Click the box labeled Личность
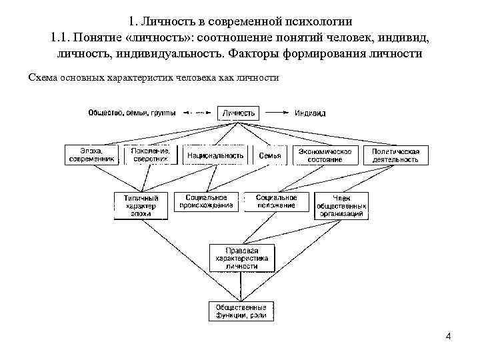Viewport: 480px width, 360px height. (238, 113)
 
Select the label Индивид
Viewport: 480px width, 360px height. (310, 113)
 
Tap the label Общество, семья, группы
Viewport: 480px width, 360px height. (131, 113)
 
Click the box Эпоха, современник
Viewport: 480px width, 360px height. (91, 155)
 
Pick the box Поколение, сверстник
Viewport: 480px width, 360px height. (150, 155)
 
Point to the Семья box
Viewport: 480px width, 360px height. (270, 155)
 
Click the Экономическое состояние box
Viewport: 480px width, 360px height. (325, 155)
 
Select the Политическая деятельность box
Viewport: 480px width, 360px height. (396, 155)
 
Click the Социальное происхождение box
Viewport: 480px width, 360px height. (207, 202)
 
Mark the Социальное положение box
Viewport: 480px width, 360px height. (275, 202)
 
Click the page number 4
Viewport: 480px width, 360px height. (448, 336)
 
